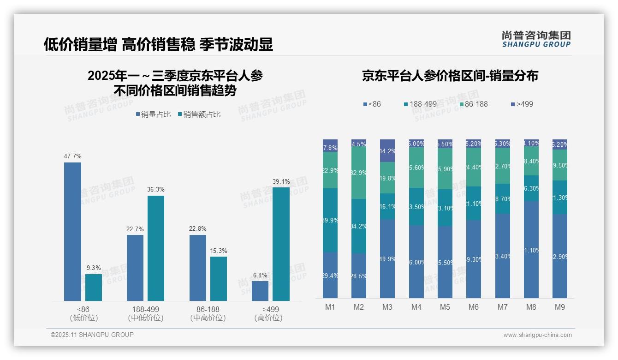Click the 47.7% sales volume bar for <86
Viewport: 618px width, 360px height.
click(x=72, y=231)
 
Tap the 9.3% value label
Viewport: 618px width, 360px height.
click(x=94, y=268)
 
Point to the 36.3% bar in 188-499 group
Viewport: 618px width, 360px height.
click(x=155, y=248)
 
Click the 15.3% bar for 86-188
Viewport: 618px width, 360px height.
click(x=219, y=278)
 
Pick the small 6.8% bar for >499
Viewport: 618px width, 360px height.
click(x=260, y=291)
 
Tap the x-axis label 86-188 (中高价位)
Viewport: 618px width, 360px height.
click(x=208, y=313)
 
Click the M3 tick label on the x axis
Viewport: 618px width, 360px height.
click(x=387, y=307)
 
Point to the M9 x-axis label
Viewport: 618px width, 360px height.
click(x=559, y=307)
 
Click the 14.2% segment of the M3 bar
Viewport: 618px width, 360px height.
click(x=387, y=150)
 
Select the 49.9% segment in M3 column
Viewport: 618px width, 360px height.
click(x=387, y=258)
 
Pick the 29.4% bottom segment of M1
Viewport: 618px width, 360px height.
click(x=330, y=275)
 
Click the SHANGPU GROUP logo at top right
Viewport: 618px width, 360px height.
click(x=536, y=39)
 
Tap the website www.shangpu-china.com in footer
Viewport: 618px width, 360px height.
click(x=537, y=335)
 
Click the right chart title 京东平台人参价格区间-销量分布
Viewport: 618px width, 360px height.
click(x=450, y=76)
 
